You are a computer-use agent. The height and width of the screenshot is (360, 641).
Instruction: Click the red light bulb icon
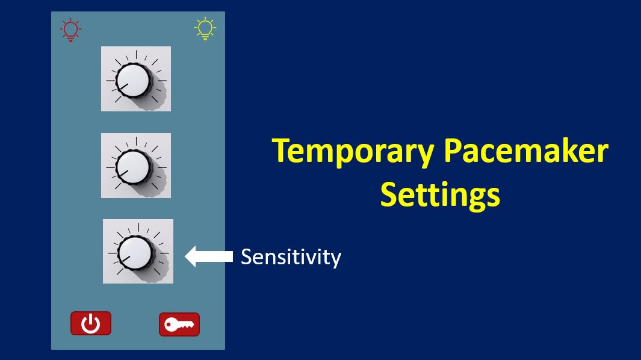71,30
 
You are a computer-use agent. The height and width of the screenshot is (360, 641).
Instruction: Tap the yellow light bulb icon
205,29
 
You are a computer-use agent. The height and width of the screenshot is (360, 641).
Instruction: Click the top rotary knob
132,80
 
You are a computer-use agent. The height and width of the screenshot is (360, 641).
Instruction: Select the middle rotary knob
132,167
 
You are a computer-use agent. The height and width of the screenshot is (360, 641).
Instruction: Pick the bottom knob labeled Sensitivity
134,253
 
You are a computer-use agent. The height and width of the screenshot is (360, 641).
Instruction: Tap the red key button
179,324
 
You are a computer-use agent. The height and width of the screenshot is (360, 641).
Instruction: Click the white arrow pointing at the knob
209,256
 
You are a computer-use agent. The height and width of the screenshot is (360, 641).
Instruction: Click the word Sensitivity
291,257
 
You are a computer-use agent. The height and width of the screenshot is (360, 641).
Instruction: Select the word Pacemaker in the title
526,151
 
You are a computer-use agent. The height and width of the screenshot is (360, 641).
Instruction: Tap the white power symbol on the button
90,324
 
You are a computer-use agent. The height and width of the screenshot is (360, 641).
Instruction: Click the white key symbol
179,325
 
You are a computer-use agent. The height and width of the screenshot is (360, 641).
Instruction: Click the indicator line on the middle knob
123,173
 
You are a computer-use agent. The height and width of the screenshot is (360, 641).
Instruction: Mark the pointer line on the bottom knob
125,259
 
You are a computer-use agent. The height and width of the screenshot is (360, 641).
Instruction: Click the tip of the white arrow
185,256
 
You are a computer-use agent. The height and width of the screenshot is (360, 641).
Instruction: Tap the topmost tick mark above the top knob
136,54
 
